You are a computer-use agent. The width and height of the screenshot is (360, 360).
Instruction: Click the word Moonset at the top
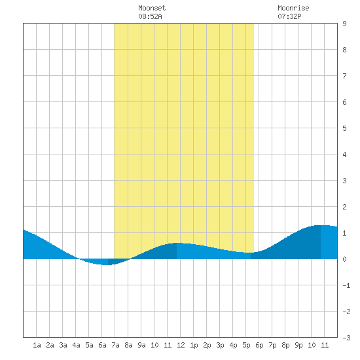(x=152, y=8)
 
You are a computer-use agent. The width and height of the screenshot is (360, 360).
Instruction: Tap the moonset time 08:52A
(x=150, y=16)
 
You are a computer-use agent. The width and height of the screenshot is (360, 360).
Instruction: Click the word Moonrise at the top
(x=293, y=8)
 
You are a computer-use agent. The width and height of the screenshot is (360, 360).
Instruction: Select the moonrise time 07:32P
(x=289, y=16)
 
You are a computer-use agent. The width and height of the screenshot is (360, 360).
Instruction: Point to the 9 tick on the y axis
(x=344, y=24)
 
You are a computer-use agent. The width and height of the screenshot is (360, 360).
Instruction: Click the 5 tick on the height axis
(x=344, y=128)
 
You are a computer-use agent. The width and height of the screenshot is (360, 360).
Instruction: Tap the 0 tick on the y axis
(x=344, y=259)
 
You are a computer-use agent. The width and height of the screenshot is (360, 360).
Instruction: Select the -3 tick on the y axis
(x=346, y=338)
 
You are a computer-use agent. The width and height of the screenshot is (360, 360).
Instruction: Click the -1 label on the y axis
(x=346, y=285)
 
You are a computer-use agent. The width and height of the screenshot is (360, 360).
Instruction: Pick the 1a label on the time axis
(x=37, y=345)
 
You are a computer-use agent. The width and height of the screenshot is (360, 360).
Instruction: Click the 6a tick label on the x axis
(x=102, y=345)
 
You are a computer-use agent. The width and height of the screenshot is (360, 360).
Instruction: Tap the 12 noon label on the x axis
(x=181, y=345)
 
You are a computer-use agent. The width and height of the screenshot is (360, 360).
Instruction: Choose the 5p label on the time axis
(x=246, y=345)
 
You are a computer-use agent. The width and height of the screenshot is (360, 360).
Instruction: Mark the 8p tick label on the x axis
(x=285, y=345)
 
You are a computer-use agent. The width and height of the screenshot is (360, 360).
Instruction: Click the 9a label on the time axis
(x=141, y=345)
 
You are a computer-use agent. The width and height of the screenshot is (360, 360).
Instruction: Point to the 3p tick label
(x=220, y=345)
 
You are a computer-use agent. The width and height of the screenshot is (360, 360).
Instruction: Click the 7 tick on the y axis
(x=344, y=76)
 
